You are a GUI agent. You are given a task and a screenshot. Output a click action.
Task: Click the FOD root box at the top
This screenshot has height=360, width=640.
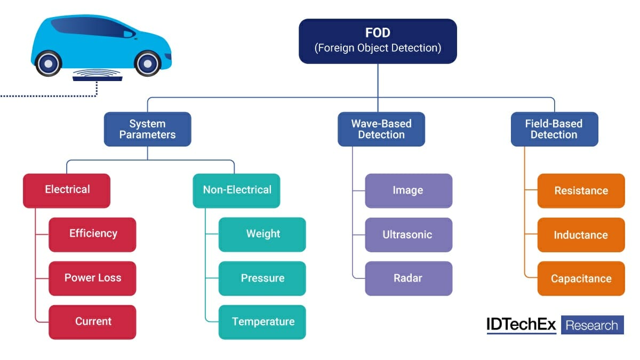click(x=378, y=41)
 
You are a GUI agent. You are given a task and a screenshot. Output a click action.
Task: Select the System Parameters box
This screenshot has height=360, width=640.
click(x=147, y=129)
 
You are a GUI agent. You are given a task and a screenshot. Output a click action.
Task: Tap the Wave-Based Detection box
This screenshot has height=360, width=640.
click(x=381, y=129)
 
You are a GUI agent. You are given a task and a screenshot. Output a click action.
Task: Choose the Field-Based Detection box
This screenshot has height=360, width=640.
click(x=554, y=129)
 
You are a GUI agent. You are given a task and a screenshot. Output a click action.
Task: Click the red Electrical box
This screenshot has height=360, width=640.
click(x=67, y=190)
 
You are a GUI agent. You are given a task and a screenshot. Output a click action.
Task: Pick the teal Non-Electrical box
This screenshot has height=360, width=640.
click(x=237, y=190)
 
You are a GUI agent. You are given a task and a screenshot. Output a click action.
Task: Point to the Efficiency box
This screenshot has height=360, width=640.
click(x=92, y=234)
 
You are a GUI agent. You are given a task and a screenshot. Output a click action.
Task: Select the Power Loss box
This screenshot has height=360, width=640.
click(x=92, y=278)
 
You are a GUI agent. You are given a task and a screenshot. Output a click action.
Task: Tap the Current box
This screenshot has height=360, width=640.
click(x=92, y=322)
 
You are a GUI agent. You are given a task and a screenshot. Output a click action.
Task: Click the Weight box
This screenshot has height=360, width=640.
click(x=262, y=234)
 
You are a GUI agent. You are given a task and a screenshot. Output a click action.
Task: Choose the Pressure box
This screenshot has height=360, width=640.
click(x=262, y=278)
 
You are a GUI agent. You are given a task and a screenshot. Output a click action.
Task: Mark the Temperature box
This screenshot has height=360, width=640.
click(x=262, y=322)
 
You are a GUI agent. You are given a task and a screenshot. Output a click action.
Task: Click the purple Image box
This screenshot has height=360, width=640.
click(x=409, y=190)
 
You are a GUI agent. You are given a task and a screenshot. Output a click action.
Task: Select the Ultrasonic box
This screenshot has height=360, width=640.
click(x=409, y=234)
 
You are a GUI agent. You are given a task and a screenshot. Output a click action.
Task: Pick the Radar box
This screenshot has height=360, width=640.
click(x=409, y=278)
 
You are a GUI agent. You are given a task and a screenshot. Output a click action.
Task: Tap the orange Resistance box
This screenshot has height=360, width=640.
click(x=581, y=190)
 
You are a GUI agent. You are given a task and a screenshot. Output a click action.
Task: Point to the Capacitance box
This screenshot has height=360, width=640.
click(x=581, y=278)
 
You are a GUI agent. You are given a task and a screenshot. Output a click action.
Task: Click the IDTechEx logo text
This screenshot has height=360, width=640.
click(x=522, y=325)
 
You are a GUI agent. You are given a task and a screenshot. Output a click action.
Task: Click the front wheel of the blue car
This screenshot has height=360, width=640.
click(x=147, y=63)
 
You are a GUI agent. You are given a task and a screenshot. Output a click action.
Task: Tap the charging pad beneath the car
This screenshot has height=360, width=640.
click(x=98, y=78)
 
